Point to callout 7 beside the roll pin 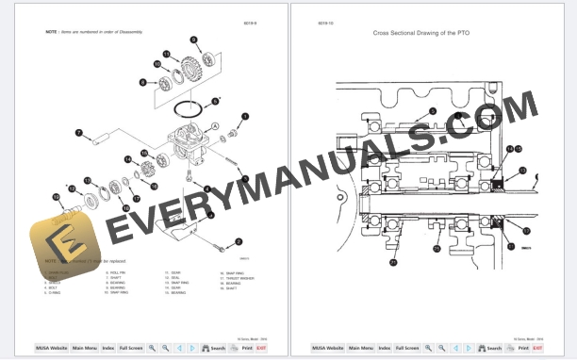[79, 132]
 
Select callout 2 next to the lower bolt [239, 241]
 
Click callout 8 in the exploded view [142, 83]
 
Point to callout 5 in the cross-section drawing [432, 110]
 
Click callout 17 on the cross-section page [526, 229]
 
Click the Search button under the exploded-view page [215, 348]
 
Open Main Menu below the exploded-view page [84, 348]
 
